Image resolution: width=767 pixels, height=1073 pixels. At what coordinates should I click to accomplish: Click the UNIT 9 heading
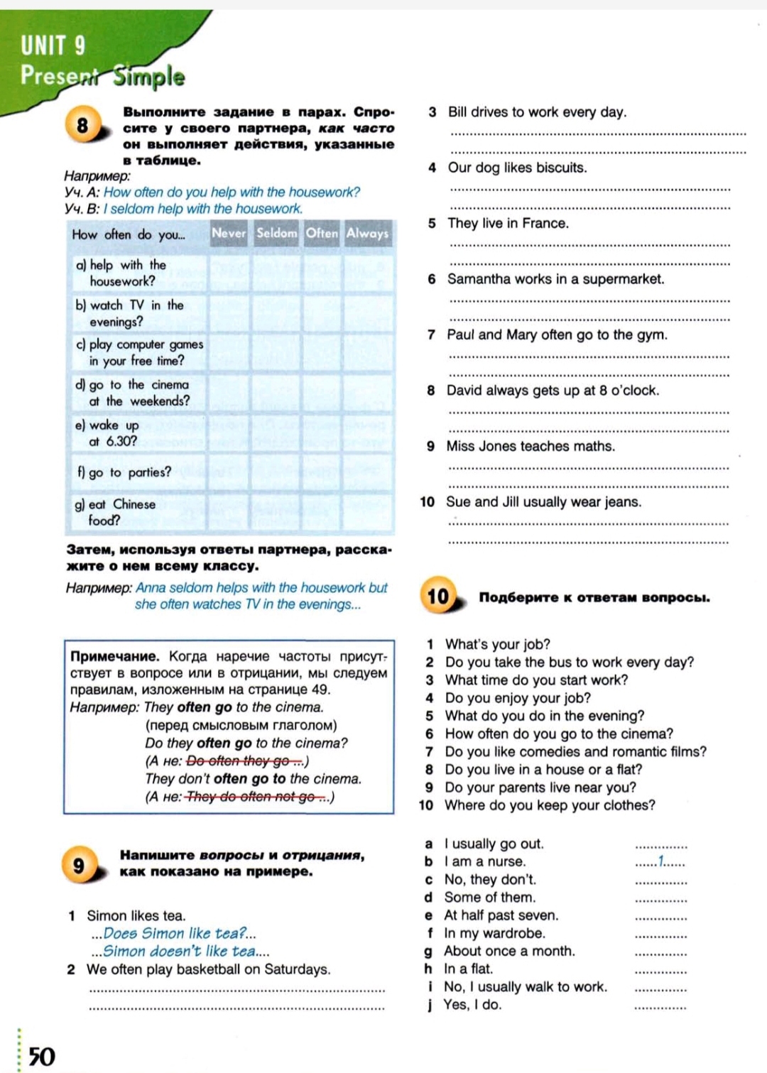53,45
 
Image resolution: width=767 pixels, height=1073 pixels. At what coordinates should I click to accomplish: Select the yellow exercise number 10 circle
438,596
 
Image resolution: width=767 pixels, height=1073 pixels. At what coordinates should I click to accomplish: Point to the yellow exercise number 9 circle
78,865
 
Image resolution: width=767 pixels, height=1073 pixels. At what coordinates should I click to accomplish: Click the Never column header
229,233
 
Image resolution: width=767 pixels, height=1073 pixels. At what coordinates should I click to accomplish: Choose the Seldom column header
276,233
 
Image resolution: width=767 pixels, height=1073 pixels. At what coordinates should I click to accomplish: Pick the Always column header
367,233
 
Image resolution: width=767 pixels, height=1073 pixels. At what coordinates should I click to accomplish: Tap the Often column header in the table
322,233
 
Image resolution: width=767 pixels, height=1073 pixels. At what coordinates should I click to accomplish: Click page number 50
42,1057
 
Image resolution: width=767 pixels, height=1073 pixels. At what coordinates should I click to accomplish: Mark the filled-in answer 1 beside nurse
661,861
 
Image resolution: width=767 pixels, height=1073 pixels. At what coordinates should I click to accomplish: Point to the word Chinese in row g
134,504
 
